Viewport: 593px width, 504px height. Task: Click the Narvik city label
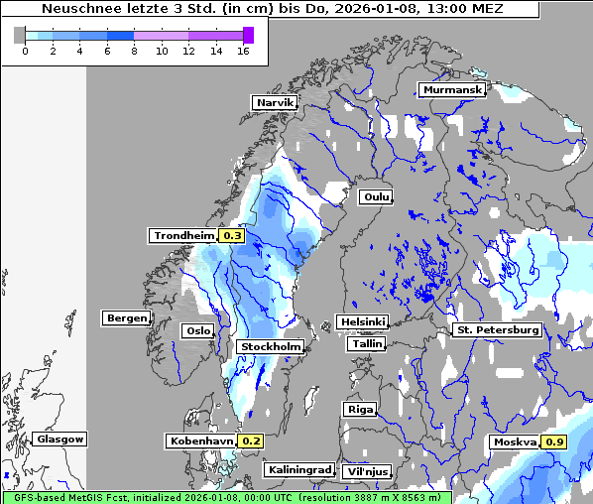tap(275, 102)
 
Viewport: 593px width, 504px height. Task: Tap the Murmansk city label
tap(451, 90)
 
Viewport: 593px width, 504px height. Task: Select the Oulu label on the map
tap(376, 196)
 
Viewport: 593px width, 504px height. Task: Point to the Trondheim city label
tap(182, 236)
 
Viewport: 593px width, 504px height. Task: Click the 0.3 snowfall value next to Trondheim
tap(231, 236)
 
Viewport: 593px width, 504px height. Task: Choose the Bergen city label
tap(125, 318)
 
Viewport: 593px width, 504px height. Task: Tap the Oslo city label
tap(196, 331)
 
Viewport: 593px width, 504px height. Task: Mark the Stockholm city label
tap(271, 346)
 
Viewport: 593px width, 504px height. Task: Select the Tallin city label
tap(366, 344)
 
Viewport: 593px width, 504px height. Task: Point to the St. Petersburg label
tap(497, 329)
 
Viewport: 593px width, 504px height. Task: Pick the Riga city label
tap(358, 409)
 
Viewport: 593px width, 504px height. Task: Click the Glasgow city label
tap(59, 439)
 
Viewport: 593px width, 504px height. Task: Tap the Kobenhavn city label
tap(200, 441)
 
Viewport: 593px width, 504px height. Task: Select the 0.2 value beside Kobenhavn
tap(251, 441)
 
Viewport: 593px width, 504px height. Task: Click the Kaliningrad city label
tap(298, 469)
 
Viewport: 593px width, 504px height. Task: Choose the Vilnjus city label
tap(367, 471)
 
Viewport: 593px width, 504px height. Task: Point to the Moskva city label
tap(514, 441)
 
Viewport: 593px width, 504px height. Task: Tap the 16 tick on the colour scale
tap(242, 51)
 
